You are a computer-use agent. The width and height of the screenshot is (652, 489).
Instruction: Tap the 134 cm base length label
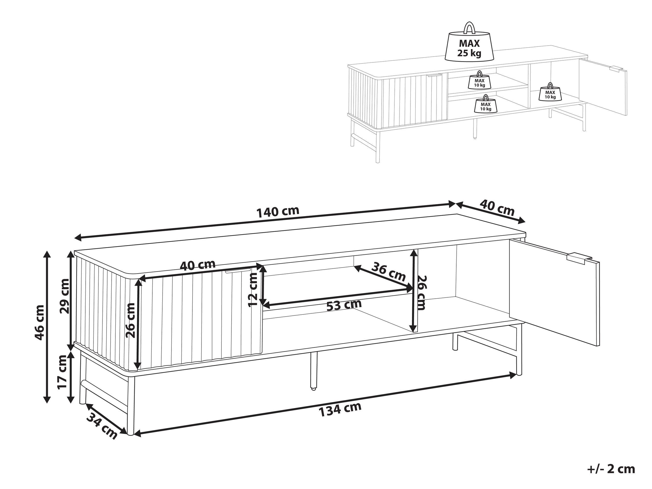pyautogui.click(x=340, y=409)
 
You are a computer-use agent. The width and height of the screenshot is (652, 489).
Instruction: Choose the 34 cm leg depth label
pyautogui.click(x=102, y=426)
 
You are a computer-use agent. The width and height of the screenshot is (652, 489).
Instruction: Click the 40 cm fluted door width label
pyautogui.click(x=197, y=265)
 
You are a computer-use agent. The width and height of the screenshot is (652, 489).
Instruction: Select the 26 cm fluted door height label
pyautogui.click(x=130, y=320)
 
